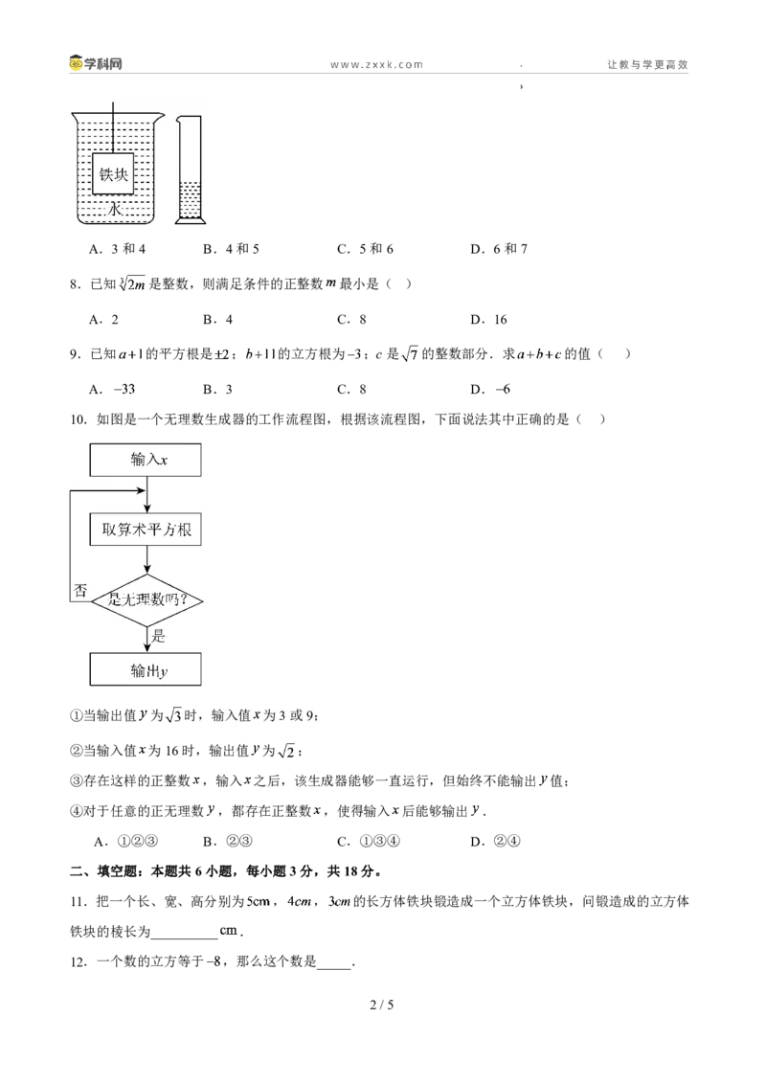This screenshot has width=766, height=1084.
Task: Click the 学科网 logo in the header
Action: [x=96, y=63]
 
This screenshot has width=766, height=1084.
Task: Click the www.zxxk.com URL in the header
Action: [x=377, y=64]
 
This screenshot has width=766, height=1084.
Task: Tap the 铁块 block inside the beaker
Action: [x=113, y=174]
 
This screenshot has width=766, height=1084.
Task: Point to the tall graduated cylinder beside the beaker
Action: [x=190, y=169]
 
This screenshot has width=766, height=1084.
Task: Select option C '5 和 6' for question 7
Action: [x=365, y=249]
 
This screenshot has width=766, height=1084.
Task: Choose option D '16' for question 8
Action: [x=488, y=320]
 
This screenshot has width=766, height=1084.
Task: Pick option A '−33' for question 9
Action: [x=113, y=389]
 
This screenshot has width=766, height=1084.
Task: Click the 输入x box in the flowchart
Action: [x=146, y=460]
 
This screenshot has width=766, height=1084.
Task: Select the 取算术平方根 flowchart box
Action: [x=146, y=530]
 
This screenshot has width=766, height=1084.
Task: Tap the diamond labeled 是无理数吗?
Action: [x=147, y=600]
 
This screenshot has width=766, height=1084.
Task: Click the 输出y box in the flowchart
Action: [x=146, y=669]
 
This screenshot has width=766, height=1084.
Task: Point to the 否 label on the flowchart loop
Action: [x=80, y=591]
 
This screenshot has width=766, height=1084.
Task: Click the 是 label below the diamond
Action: [x=158, y=636]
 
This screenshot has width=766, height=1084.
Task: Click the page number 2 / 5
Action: [x=382, y=1005]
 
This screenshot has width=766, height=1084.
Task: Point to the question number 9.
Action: [x=76, y=354]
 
